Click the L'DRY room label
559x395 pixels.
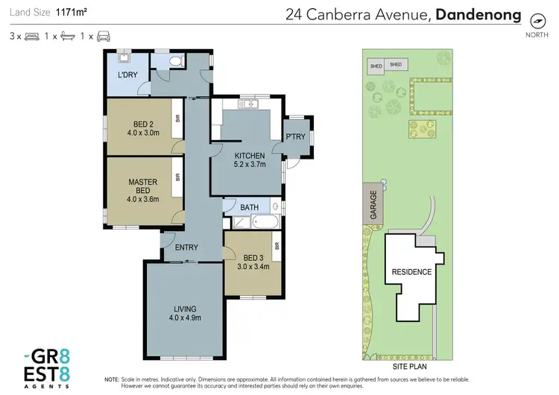(127, 76)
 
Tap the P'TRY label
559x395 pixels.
(296, 136)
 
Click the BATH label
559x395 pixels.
(249, 206)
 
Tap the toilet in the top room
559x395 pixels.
(174, 62)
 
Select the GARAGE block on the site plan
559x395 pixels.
(373, 203)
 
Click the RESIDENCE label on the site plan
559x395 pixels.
(411, 272)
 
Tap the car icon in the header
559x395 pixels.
(103, 35)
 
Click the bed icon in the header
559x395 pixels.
(31, 35)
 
